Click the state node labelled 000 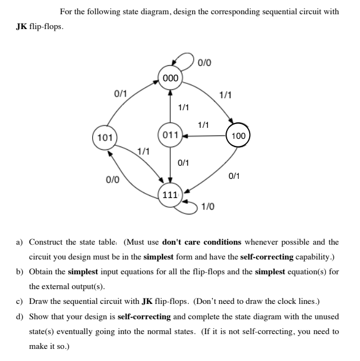click(x=170, y=78)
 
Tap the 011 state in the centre click(x=170, y=134)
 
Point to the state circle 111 click(x=170, y=195)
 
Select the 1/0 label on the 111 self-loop click(x=207, y=206)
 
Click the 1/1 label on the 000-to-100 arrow click(x=226, y=94)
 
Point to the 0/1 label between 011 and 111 click(x=184, y=162)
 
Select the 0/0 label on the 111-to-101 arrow click(x=113, y=179)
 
